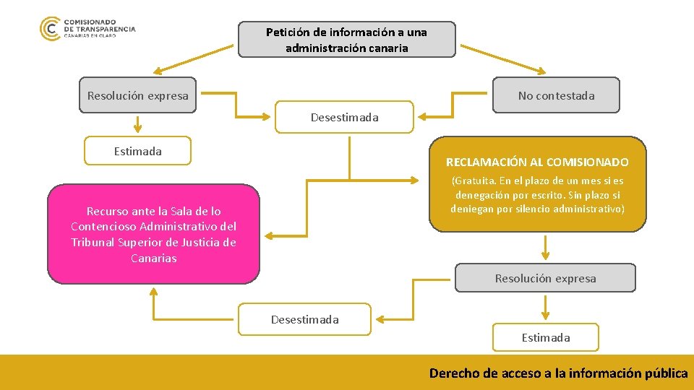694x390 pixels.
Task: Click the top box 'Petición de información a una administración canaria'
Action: [347, 40]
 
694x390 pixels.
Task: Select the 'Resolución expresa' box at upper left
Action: [137, 95]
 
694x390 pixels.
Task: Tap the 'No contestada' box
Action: [556, 95]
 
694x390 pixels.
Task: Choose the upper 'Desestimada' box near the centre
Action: [345, 117]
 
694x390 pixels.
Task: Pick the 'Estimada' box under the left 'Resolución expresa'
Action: [138, 151]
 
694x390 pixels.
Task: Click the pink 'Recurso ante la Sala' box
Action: [153, 234]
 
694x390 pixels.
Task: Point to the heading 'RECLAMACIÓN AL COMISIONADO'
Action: [537, 162]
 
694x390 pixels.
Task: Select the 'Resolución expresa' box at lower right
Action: [545, 278]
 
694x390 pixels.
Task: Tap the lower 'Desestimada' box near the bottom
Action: [304, 319]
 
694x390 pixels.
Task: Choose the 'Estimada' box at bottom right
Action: [546, 337]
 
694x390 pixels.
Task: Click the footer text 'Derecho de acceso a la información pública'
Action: [558, 373]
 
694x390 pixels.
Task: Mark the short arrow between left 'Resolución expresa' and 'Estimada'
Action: [137, 126]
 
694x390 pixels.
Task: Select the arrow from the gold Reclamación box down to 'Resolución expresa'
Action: [546, 247]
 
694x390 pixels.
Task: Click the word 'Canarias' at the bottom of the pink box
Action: [153, 258]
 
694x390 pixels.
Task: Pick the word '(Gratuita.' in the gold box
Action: [474, 181]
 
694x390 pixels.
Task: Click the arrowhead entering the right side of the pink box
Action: [268, 235]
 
